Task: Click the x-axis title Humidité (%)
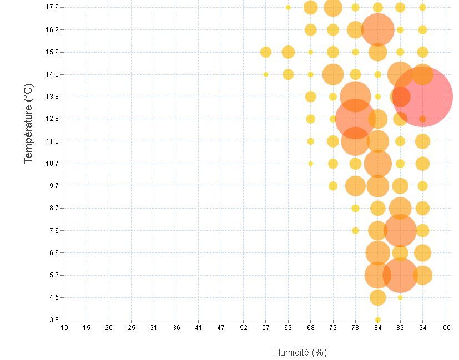pyautogui.click(x=300, y=352)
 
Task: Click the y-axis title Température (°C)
pyautogui.click(x=28, y=123)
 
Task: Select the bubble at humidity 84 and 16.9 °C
pyautogui.click(x=377, y=29)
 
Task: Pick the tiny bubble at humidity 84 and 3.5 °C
pyautogui.click(x=377, y=320)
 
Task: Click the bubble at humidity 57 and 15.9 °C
pyautogui.click(x=266, y=52)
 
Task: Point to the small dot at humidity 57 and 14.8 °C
pyautogui.click(x=266, y=74)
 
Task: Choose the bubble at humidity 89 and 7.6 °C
pyautogui.click(x=400, y=230)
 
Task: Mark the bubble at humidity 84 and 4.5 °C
pyautogui.click(x=377, y=297)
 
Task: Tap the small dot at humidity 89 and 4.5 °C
pyautogui.click(x=400, y=297)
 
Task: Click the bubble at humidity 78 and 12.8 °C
pyautogui.click(x=355, y=119)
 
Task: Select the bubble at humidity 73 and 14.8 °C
pyautogui.click(x=333, y=74)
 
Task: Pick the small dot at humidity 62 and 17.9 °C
pyautogui.click(x=288, y=7)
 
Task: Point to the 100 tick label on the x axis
pyautogui.click(x=445, y=328)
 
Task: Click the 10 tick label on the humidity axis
pyautogui.click(x=64, y=328)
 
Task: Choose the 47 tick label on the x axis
pyautogui.click(x=221, y=328)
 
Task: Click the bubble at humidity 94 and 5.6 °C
pyautogui.click(x=422, y=275)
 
